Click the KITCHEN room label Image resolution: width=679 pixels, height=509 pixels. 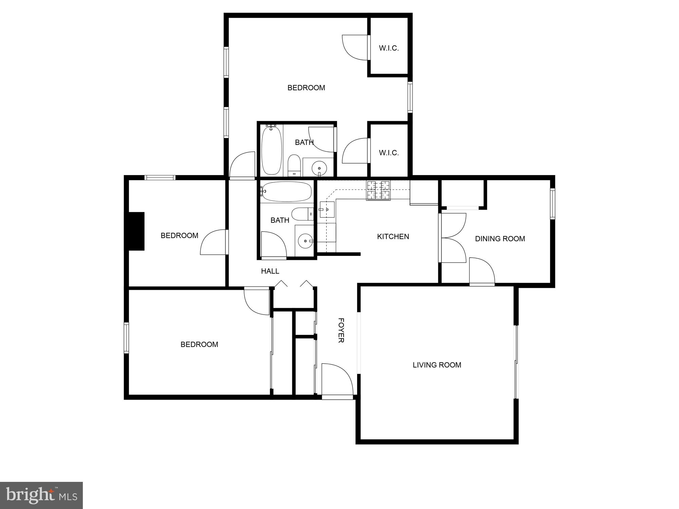(393, 237)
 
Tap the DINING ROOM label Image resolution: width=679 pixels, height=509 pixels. (500, 239)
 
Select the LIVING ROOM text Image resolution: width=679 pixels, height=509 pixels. (437, 365)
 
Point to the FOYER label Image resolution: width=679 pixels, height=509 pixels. (341, 330)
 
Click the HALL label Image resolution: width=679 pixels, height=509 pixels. (270, 271)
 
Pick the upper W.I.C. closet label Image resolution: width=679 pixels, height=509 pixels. (389, 48)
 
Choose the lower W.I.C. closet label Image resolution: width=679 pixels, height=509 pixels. (389, 153)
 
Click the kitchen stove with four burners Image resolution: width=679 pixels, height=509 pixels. (378, 190)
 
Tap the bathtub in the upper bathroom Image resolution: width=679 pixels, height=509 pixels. (272, 150)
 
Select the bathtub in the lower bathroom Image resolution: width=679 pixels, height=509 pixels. (287, 192)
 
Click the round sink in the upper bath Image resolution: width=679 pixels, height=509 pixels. (319, 167)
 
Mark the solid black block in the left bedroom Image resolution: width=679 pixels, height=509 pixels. (136, 231)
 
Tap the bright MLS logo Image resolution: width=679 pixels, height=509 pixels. (41, 495)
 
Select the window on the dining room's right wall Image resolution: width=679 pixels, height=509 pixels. (552, 204)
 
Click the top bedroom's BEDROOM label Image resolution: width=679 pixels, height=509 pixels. (306, 88)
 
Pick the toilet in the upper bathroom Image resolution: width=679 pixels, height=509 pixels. (294, 165)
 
